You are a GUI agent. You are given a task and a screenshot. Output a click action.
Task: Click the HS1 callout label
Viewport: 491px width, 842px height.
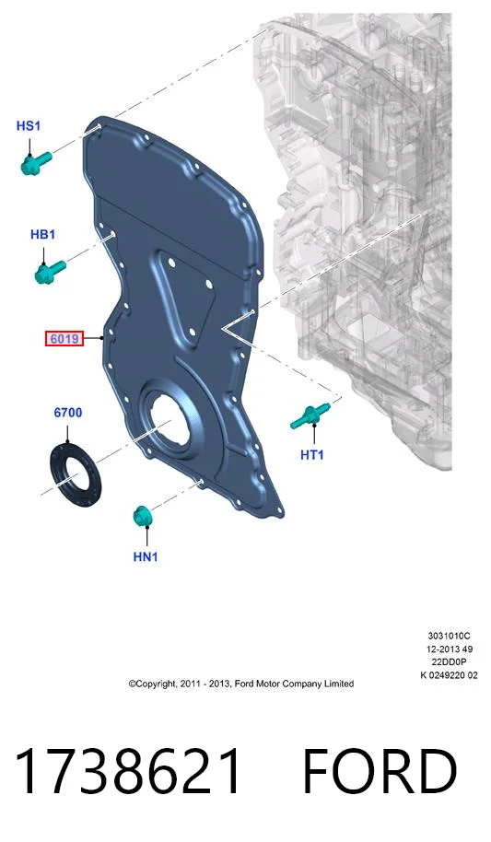pos(29,126)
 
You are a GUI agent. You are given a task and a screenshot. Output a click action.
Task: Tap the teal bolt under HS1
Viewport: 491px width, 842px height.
pos(35,162)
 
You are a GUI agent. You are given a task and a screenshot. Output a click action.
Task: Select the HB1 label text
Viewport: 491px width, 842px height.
pos(43,235)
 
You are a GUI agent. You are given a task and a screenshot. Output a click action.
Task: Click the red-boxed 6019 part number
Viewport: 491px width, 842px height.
pos(64,339)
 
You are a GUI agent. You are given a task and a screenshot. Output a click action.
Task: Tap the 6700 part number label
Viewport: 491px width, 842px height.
pos(67,413)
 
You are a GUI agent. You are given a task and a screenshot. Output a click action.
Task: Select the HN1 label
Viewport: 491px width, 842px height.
pos(146,556)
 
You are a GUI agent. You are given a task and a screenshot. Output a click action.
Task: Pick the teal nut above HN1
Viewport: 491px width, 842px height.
pos(142,516)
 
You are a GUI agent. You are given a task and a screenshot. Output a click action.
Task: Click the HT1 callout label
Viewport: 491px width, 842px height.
pos(312,455)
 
